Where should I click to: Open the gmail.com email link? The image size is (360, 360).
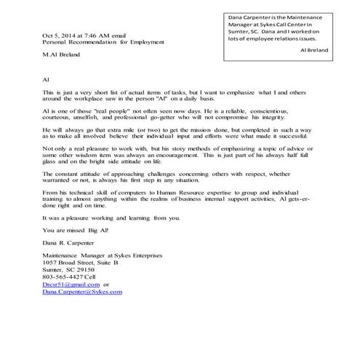(71, 304)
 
